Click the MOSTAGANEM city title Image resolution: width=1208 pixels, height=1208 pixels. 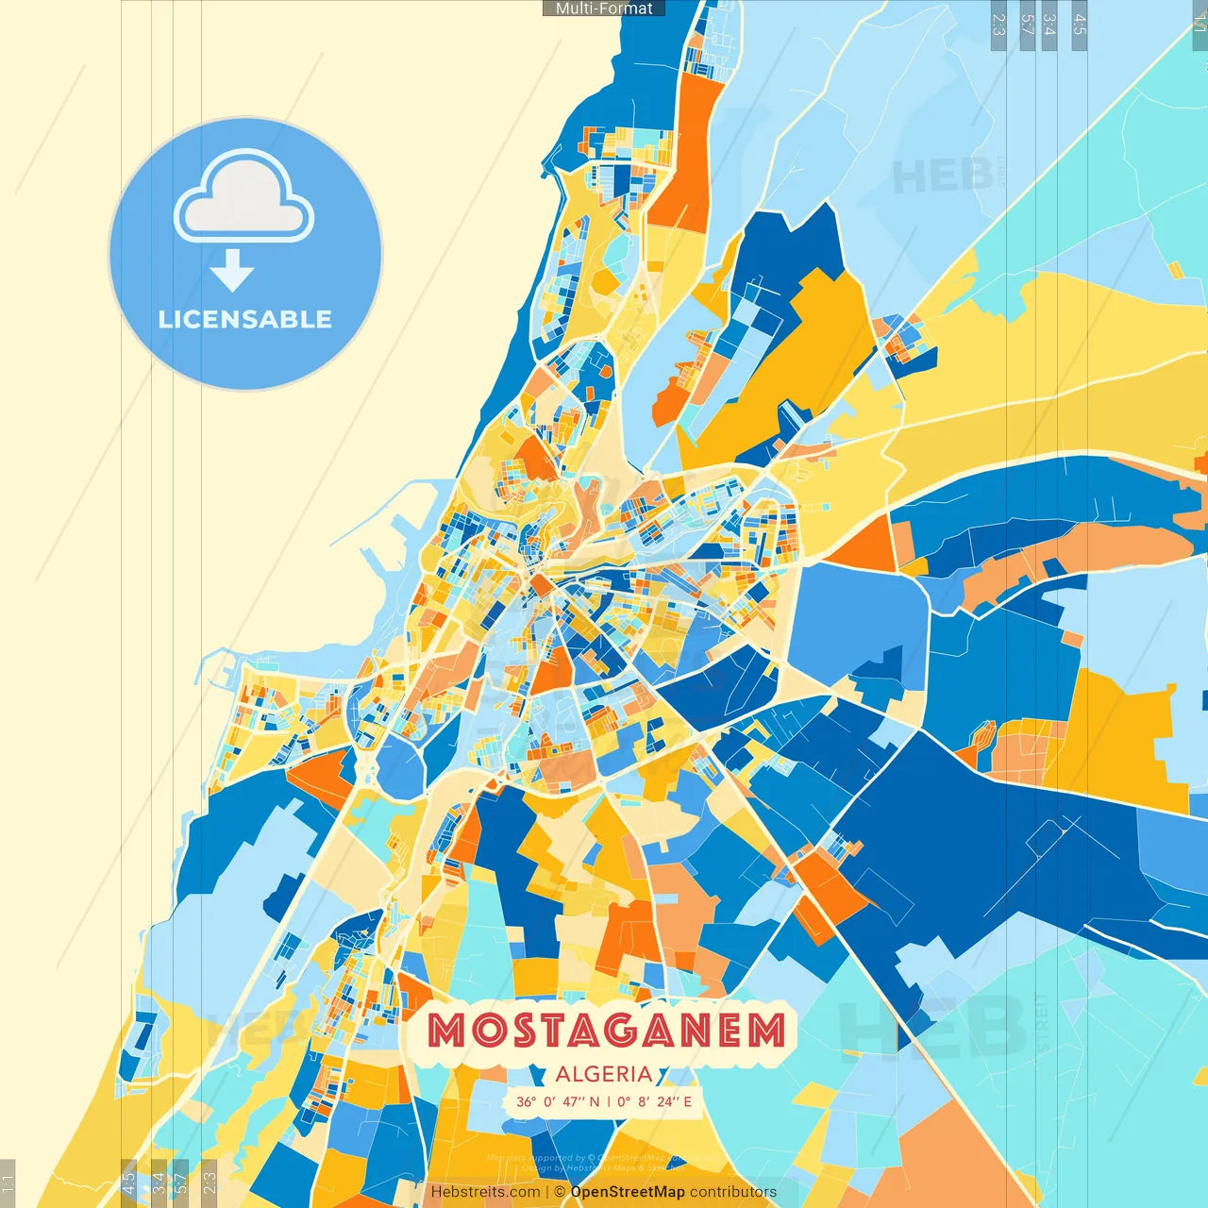point(607,1031)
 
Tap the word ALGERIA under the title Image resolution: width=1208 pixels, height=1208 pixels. point(604,1074)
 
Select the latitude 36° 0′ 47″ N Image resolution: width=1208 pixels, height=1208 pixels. point(558,1101)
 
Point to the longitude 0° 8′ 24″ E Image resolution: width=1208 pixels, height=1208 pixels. point(655,1101)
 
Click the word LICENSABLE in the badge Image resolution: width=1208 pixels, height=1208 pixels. point(245,319)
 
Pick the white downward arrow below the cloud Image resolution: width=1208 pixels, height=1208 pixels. point(232,270)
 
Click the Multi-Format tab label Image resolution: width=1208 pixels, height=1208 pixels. point(604,8)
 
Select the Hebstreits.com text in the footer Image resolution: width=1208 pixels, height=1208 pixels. point(485,1192)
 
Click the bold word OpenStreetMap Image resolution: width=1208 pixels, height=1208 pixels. point(628,1192)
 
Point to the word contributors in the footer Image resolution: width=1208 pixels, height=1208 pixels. point(733,1192)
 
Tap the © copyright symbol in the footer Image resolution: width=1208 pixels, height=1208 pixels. point(559,1192)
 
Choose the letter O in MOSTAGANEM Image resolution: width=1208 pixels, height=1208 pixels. point(480,1031)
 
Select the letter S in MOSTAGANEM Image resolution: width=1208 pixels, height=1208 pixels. point(514,1031)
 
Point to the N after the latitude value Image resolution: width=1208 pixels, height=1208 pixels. point(595,1101)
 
